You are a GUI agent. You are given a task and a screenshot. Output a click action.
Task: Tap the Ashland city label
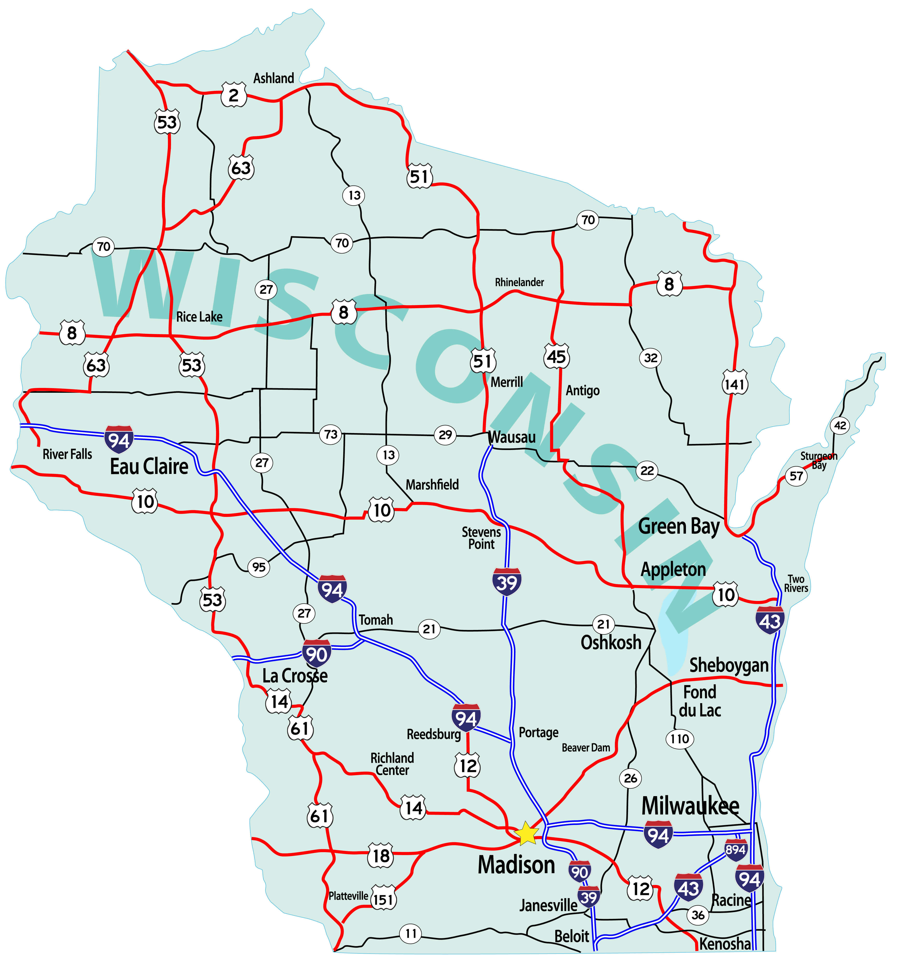[273, 78]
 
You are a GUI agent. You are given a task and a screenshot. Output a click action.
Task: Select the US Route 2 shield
[234, 95]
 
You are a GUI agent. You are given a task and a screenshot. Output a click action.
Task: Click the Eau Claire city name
[149, 466]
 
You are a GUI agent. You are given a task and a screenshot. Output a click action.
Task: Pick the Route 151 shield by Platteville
[383, 900]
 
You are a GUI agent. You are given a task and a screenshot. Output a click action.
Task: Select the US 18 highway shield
[381, 856]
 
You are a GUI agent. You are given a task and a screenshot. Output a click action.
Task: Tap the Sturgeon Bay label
[819, 460]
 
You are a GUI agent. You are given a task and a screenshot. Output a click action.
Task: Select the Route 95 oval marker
[259, 566]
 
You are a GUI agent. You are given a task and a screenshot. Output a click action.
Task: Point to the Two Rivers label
[796, 583]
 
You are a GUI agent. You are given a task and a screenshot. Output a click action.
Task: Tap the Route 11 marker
[411, 934]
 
